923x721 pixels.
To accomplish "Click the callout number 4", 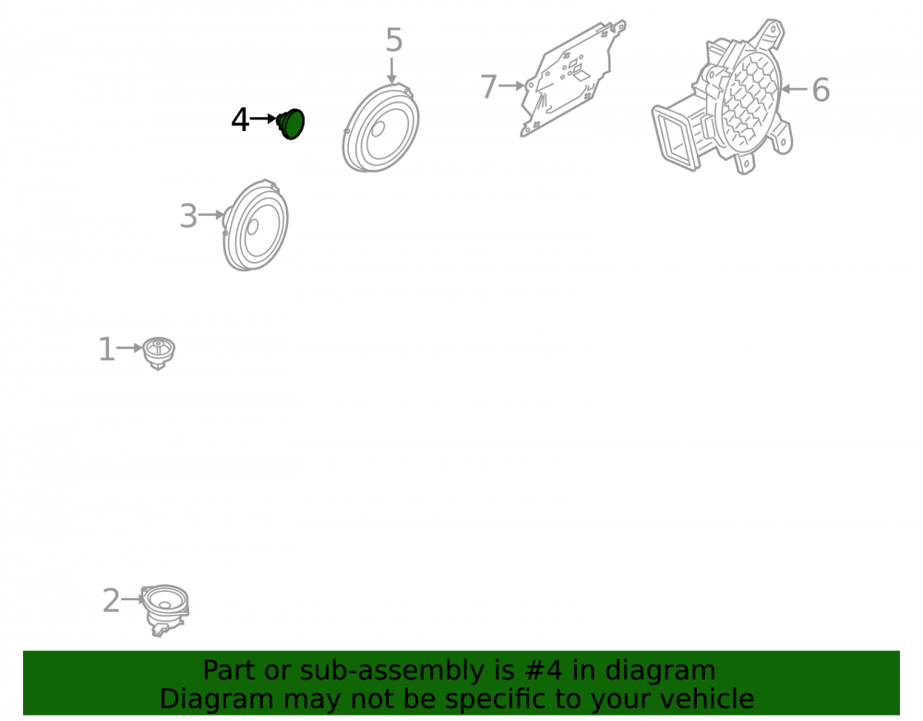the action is (240, 120).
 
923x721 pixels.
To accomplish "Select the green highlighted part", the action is (291, 124).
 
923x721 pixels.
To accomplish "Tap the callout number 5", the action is (394, 41).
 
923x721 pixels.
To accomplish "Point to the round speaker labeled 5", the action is (381, 128).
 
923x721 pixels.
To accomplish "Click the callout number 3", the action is (188, 216).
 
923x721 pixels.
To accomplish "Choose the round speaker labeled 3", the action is (255, 225).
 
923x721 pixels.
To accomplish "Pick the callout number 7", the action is (488, 87).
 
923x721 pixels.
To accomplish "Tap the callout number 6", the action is (821, 90).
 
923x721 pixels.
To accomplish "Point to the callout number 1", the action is (106, 350).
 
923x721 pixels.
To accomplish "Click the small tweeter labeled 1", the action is (159, 353).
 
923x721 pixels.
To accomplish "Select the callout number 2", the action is (112, 601).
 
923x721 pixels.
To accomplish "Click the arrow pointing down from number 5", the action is (391, 70).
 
